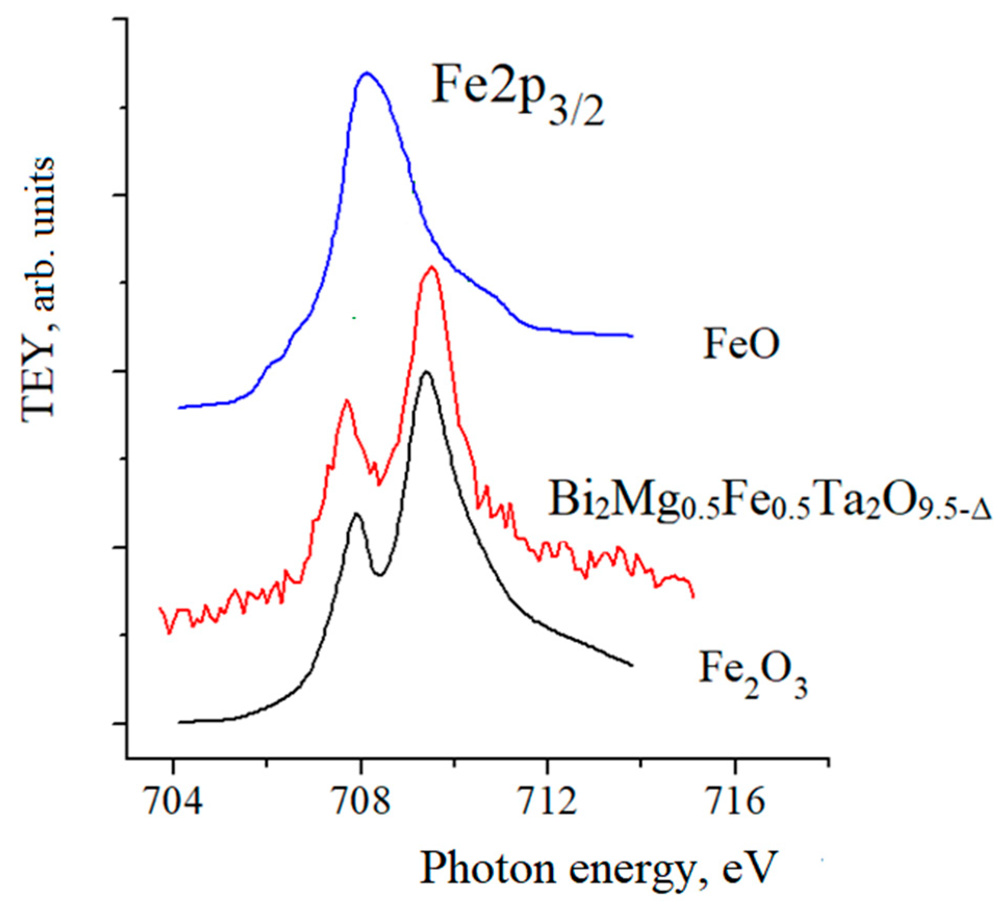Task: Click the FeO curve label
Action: pyautogui.click(x=741, y=344)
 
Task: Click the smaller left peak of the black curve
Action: pyautogui.click(x=356, y=514)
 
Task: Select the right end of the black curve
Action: pyautogui.click(x=632, y=665)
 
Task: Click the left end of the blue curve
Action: pyautogui.click(x=179, y=408)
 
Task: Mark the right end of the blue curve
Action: pyautogui.click(x=632, y=336)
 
